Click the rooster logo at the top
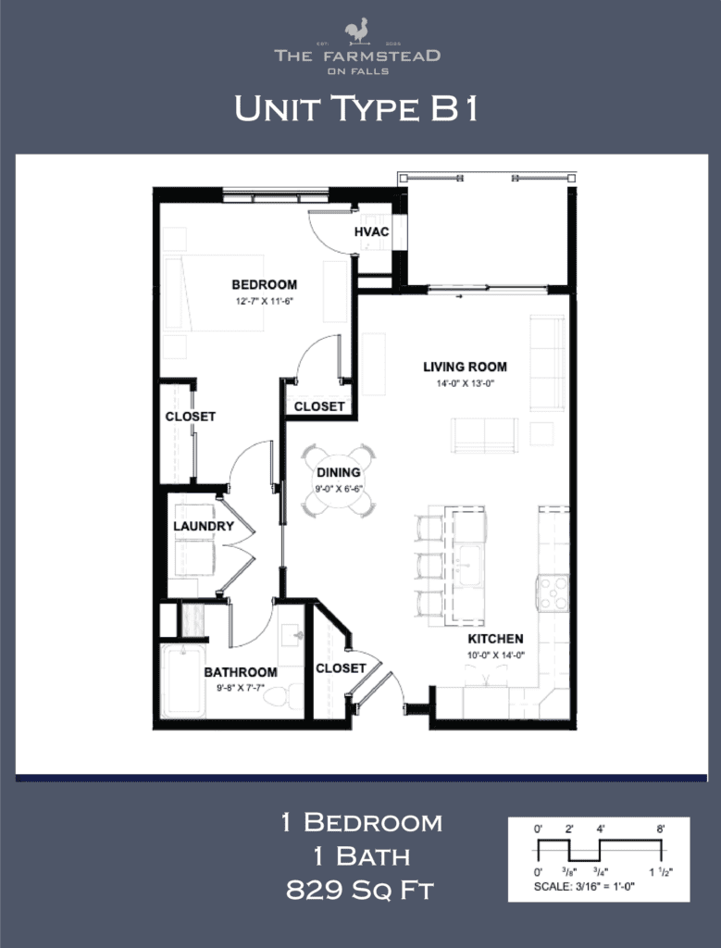[x=357, y=33]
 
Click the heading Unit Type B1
[x=356, y=108]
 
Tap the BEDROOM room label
[x=264, y=284]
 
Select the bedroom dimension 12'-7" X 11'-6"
[x=264, y=301]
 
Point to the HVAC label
[x=370, y=232]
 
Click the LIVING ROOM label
[x=465, y=367]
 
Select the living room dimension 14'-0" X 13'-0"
[x=465, y=382]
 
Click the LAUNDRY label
[x=203, y=527]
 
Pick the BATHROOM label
[x=241, y=672]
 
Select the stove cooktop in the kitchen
[x=553, y=592]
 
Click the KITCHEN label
[x=495, y=639]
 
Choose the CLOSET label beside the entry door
[x=341, y=667]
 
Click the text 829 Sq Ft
[x=360, y=891]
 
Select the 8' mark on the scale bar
[x=661, y=829]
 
